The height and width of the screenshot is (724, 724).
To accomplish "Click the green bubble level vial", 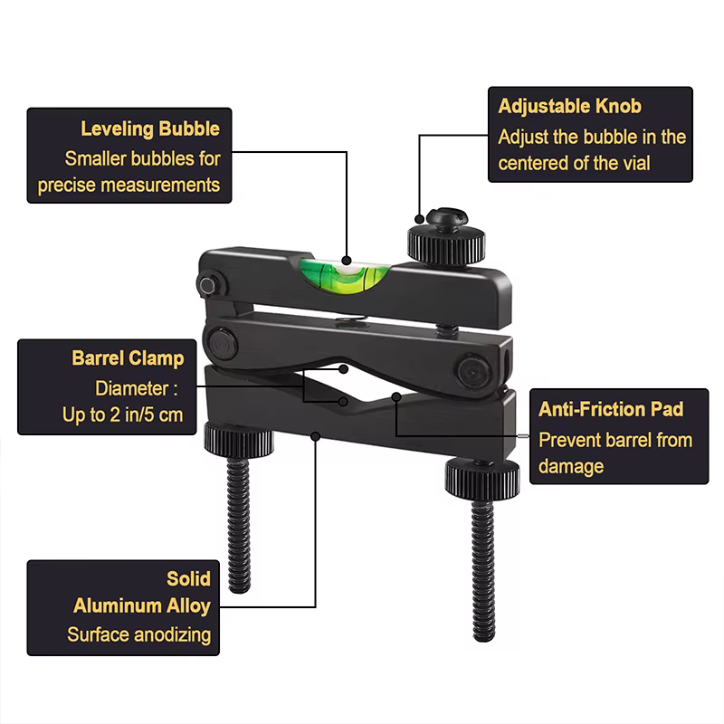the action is click(344, 276).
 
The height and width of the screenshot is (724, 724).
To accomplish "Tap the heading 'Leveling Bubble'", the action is click(150, 129).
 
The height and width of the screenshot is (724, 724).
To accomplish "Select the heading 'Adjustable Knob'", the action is click(570, 106).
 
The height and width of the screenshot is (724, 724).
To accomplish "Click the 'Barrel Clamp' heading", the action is click(128, 358).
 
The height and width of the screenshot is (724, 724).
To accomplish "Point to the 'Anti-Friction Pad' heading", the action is click(611, 409).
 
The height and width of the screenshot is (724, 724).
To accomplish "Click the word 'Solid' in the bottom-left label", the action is click(188, 578).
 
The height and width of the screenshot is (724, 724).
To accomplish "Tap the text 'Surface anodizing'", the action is click(139, 635).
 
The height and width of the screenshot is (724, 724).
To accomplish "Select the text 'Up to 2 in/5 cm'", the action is click(123, 414).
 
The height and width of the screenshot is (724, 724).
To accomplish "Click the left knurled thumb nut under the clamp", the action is click(239, 440).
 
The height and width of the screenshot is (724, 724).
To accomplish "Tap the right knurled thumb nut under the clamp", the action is click(482, 478).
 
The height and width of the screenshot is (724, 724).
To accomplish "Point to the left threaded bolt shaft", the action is click(239, 524).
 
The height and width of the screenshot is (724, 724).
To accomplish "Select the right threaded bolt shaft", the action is click(483, 570).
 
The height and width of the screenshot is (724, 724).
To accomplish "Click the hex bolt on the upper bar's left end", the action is click(207, 286).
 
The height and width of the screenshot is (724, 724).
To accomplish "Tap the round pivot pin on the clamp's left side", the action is click(222, 343).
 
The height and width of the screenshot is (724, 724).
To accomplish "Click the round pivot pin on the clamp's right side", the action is click(473, 372).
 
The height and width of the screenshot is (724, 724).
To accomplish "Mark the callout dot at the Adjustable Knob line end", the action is click(419, 219).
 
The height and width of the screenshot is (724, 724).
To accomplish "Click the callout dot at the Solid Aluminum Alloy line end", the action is click(315, 436).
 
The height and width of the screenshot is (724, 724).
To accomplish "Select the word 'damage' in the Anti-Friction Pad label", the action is click(571, 466).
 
